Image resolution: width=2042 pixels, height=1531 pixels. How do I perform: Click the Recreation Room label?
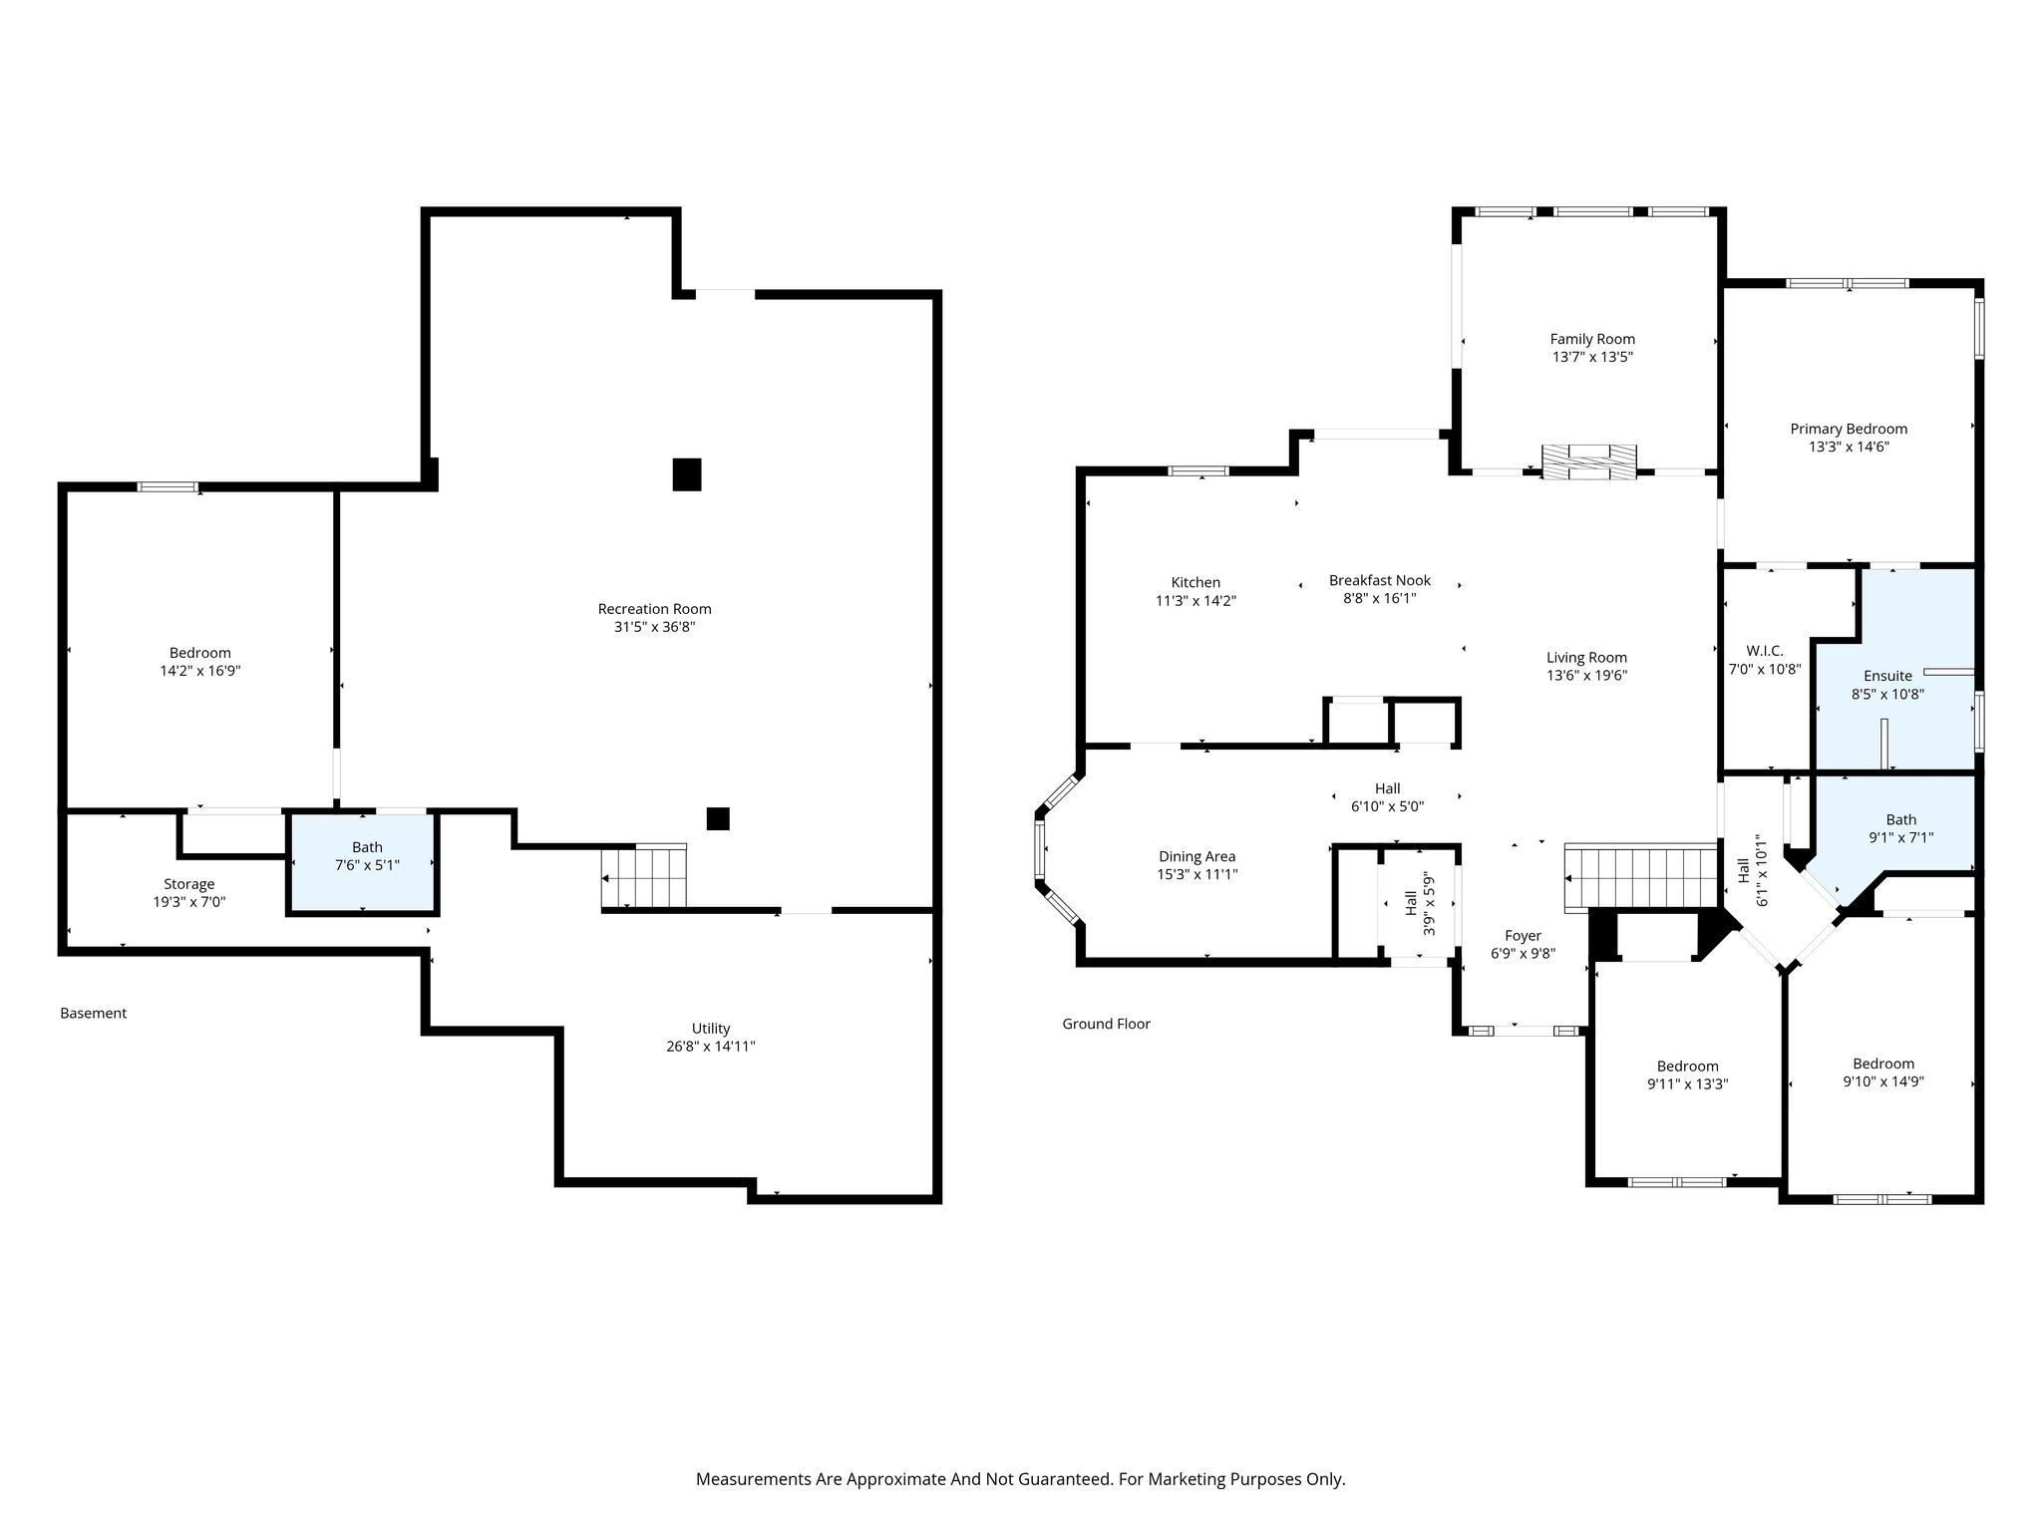point(654,609)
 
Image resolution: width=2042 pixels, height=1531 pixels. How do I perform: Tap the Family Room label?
point(1592,339)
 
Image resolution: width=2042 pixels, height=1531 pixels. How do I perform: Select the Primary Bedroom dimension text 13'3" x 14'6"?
point(1849,447)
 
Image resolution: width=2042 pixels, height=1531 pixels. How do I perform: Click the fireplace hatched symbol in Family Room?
point(1589,461)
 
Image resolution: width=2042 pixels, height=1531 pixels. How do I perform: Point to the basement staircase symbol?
point(644,876)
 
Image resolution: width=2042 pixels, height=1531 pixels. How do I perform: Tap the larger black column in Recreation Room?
point(687,474)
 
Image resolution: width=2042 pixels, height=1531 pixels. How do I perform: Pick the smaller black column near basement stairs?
point(718,818)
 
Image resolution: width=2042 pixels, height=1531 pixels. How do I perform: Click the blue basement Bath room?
point(363,863)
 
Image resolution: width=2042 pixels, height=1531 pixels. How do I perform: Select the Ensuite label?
point(1887,676)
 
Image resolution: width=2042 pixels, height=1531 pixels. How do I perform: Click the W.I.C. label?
point(1764,651)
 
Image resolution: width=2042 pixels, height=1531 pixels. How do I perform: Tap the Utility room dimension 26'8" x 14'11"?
point(711,1047)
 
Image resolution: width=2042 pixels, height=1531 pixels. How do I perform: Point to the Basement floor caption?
point(94,1013)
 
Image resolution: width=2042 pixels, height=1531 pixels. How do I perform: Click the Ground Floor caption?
point(1106,1024)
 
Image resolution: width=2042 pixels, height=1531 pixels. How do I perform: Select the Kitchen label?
point(1195,582)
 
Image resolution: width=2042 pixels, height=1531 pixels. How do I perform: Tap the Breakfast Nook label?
point(1380,580)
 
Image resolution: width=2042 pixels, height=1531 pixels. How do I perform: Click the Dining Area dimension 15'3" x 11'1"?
point(1196,874)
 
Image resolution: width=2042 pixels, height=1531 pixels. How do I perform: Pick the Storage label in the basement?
point(189,884)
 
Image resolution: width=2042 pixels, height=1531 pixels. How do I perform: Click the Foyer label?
point(1523,935)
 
